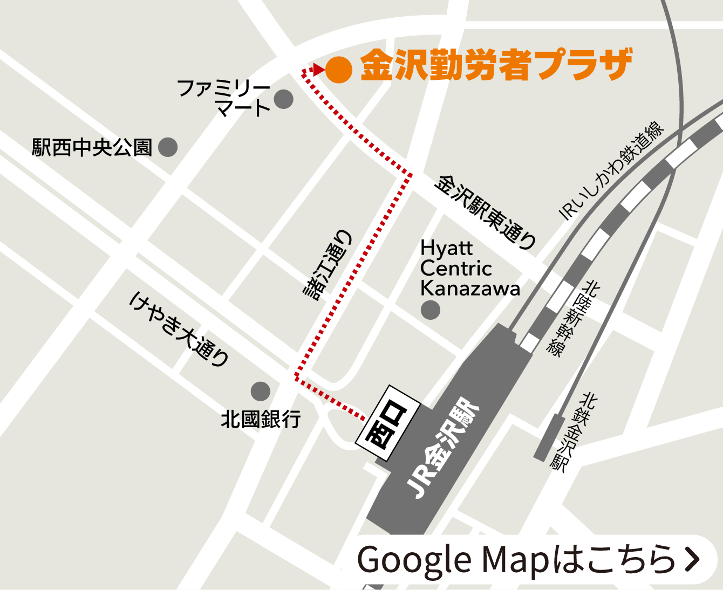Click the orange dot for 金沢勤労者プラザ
point(339,70)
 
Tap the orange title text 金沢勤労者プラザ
point(495,65)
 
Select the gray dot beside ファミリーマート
point(284,99)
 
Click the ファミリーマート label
point(224,97)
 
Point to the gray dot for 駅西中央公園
point(168,147)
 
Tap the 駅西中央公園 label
point(92,147)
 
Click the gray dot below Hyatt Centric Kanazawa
point(430,310)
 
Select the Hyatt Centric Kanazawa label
point(469,269)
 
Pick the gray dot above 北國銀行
point(260,391)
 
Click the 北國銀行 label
point(261,419)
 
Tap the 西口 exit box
point(387,424)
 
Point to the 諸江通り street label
point(328,264)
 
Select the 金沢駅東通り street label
point(485,211)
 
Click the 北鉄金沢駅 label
point(572,431)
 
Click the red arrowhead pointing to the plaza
point(318,70)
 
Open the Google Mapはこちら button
point(528,559)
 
